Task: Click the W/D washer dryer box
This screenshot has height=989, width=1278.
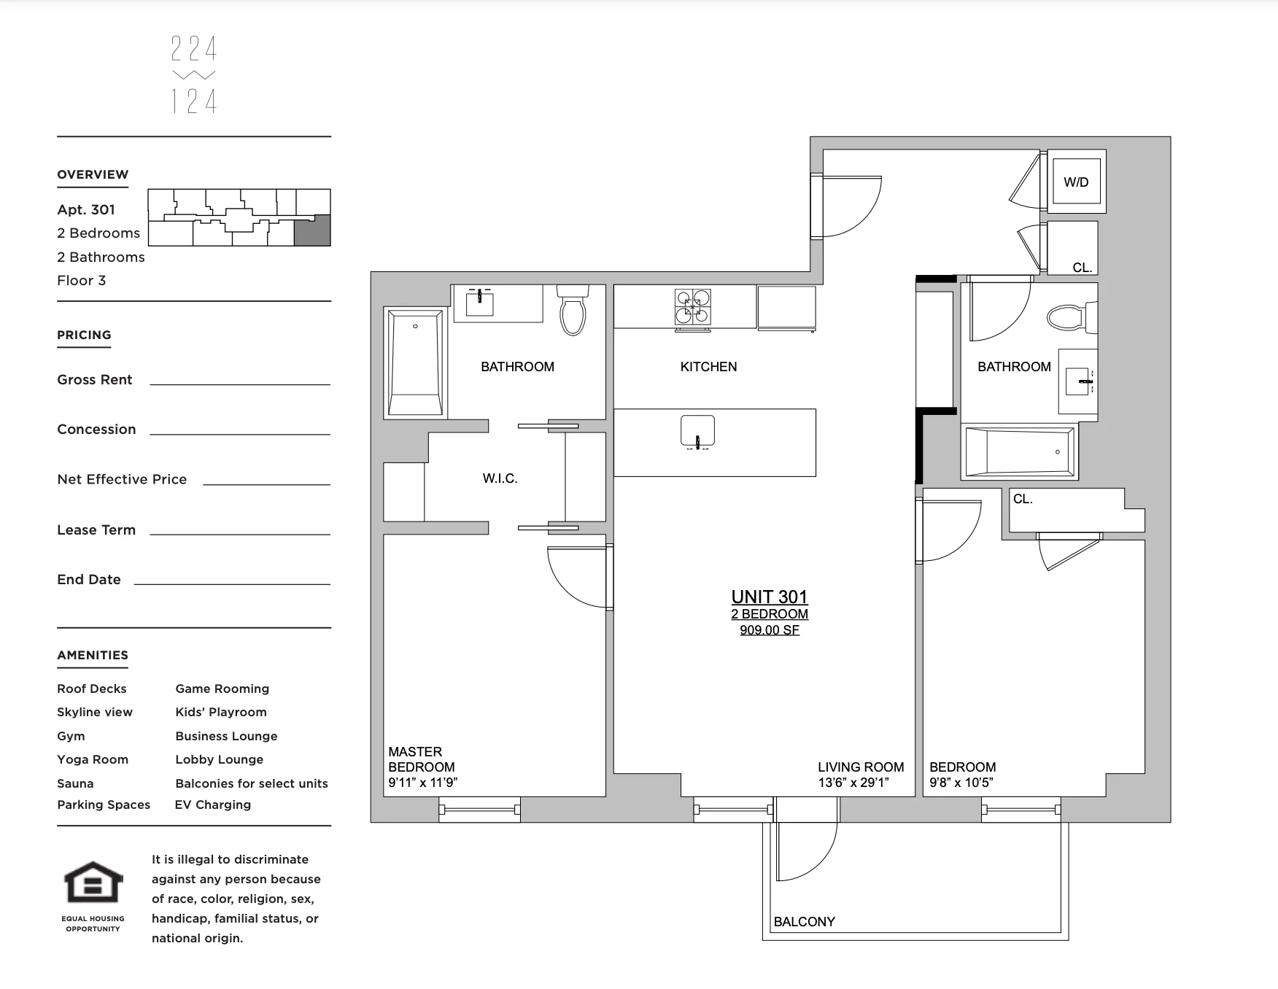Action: (x=1076, y=182)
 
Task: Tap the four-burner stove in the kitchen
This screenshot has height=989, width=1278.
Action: (x=692, y=306)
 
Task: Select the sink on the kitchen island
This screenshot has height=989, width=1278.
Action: (x=697, y=431)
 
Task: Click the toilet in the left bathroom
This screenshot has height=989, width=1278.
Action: (x=573, y=311)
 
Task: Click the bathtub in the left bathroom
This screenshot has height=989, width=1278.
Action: (x=415, y=362)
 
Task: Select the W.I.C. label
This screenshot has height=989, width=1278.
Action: (x=500, y=478)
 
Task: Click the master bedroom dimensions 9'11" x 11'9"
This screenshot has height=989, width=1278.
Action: (x=422, y=783)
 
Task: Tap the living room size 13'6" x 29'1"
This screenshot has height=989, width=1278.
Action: (x=853, y=783)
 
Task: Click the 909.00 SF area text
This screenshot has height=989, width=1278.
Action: (x=769, y=630)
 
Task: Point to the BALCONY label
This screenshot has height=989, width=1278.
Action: (x=804, y=922)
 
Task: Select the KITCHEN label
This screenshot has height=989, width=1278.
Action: (x=708, y=367)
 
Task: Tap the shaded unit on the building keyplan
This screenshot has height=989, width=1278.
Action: (x=312, y=230)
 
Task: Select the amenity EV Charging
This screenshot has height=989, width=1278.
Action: (x=212, y=804)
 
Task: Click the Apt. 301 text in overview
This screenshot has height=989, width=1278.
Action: (x=86, y=210)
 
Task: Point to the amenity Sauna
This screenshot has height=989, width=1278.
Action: (x=75, y=783)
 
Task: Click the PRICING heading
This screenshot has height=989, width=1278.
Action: (x=84, y=335)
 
